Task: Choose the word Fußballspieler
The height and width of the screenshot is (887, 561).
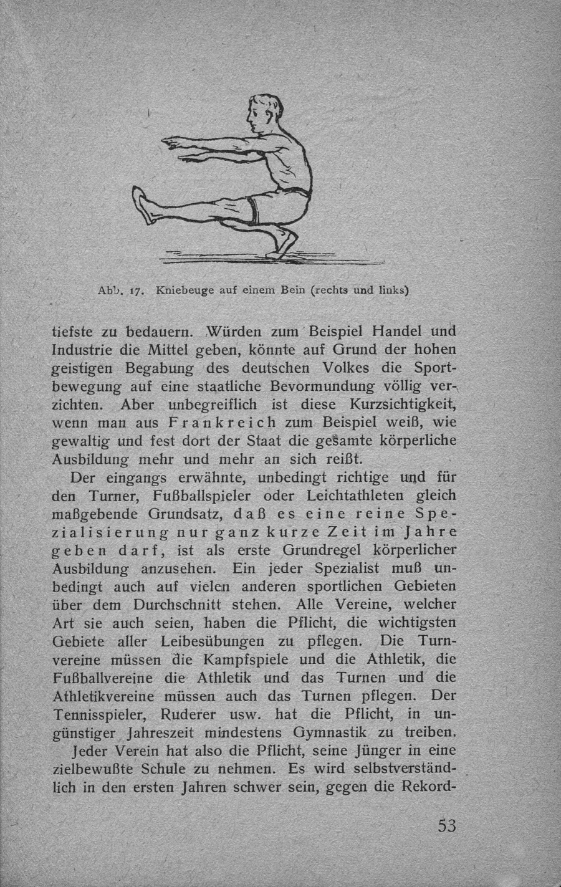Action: click(203, 496)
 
